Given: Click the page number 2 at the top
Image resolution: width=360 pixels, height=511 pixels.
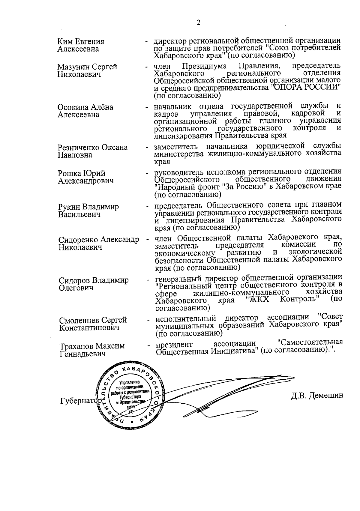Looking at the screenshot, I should click(x=198, y=23).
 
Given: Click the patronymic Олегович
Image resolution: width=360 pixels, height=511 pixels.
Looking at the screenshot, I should click(x=76, y=288).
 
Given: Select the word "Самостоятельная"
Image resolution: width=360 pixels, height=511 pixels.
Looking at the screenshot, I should click(x=310, y=342).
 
